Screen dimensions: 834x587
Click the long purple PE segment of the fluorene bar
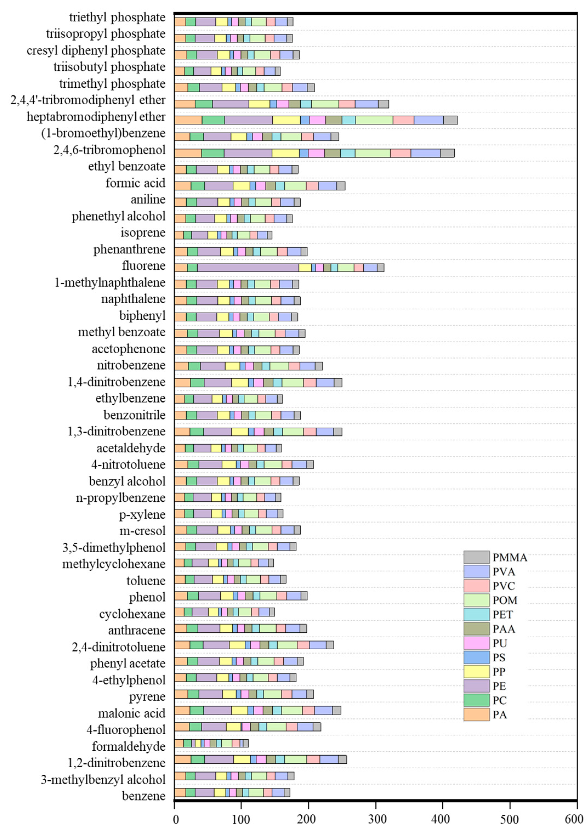(248, 268)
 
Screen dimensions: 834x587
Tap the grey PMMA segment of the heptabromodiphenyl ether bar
(451, 120)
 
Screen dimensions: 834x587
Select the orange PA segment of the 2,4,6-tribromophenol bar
(188, 153)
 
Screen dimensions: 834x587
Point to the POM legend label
(505, 600)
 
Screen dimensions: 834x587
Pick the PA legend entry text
(500, 715)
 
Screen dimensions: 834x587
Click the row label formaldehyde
(129, 746)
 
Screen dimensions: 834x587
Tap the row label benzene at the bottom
(144, 796)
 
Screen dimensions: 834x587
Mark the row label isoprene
(143, 233)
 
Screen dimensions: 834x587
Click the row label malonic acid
(132, 713)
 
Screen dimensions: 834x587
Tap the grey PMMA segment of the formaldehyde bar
(246, 743)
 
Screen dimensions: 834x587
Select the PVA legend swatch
(476, 571)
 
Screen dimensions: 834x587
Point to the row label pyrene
(147, 696)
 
